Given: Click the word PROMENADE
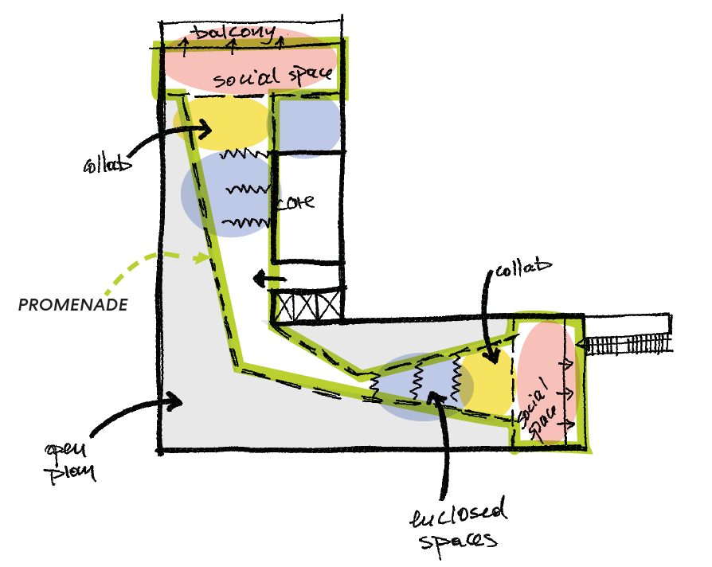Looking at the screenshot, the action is [74, 305].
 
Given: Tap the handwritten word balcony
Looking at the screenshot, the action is [236, 35].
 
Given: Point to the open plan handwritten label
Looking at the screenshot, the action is [72, 460].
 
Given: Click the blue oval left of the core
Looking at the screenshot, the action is [227, 195].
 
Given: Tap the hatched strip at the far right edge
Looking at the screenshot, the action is [629, 343].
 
